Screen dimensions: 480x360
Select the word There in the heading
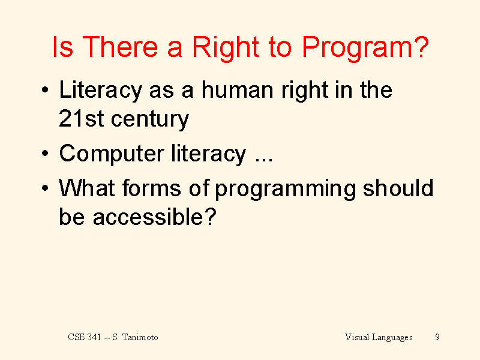(x=120, y=47)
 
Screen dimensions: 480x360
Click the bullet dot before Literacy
(x=45, y=90)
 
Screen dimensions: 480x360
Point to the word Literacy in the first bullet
(x=101, y=91)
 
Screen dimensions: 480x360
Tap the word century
(x=150, y=120)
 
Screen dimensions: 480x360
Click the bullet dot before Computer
(x=45, y=153)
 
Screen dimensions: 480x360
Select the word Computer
(x=112, y=154)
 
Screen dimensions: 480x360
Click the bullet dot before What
(x=45, y=187)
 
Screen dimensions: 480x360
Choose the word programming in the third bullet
(x=286, y=189)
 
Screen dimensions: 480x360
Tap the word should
(x=398, y=187)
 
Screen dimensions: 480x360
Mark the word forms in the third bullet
(x=152, y=187)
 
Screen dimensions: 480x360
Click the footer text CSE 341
(x=85, y=337)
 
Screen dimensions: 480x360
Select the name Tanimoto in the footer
(x=140, y=337)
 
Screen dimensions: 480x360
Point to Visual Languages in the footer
(x=379, y=337)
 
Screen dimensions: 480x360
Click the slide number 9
(x=437, y=337)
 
